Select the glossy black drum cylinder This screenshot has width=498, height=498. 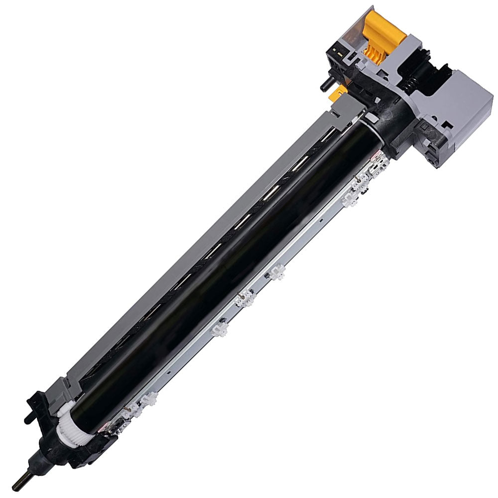(x=224, y=279)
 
